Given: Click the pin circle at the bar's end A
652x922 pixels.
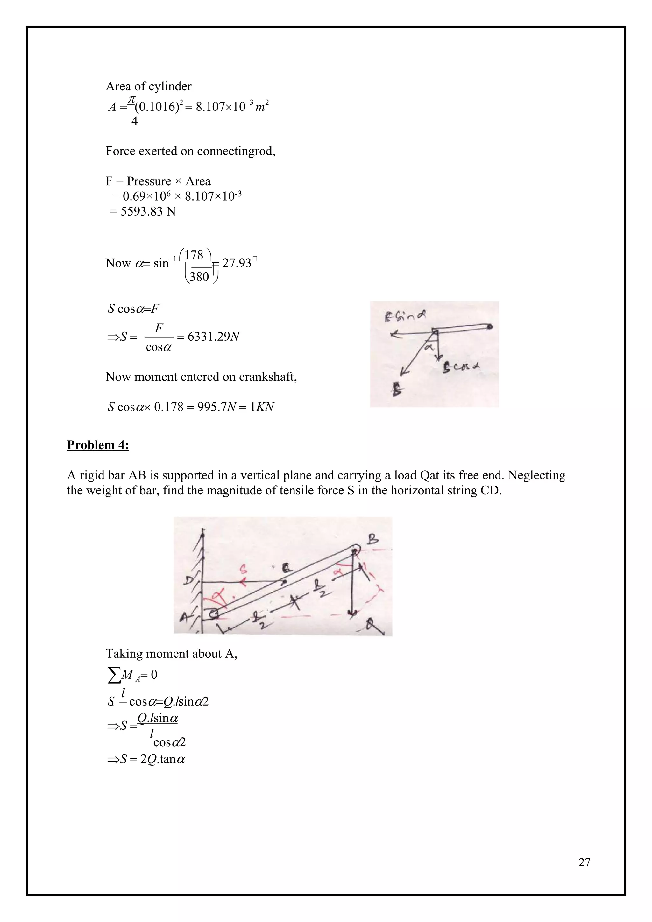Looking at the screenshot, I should [x=214, y=613].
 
